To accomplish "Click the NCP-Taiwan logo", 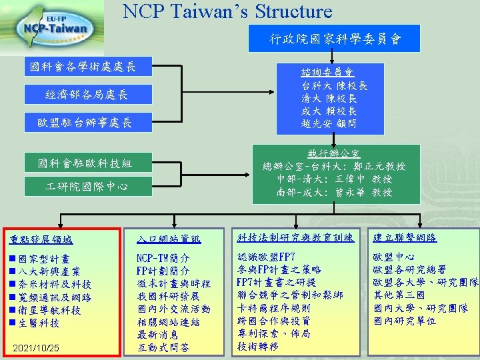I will point(55,27).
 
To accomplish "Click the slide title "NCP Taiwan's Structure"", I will point(227,11).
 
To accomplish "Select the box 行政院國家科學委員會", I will point(335,39).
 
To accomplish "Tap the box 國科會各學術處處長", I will point(82,67).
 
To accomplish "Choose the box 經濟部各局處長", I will point(87,95).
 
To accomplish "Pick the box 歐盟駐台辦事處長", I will point(85,123).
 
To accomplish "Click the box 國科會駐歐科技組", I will point(86,163).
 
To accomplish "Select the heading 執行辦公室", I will point(335,153).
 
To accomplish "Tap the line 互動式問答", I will point(163,347).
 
